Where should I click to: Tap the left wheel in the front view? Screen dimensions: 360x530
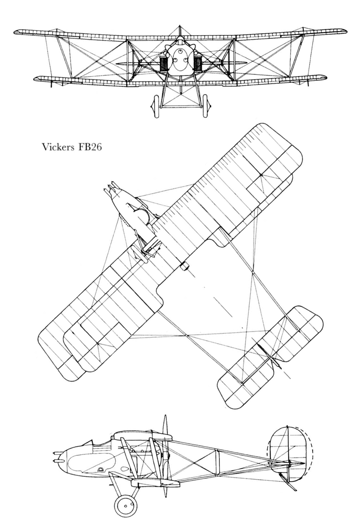(x=156, y=106)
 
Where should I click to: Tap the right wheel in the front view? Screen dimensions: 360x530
(x=205, y=106)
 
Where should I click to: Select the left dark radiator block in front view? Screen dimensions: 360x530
(x=163, y=64)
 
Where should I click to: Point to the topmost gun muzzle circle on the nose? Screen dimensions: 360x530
(x=180, y=52)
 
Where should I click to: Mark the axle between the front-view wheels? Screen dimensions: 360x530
(x=180, y=106)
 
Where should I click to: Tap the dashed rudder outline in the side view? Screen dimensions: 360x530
(x=310, y=455)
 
